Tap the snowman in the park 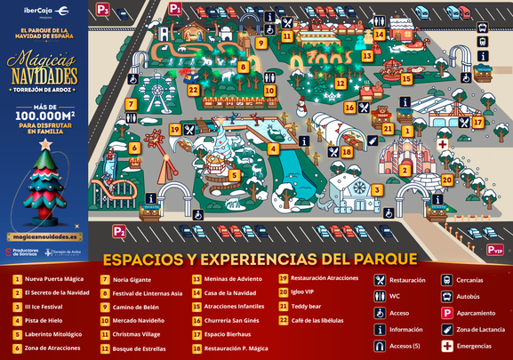[301, 108]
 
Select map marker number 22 [193, 90]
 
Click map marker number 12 [340, 84]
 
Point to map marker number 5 [234, 175]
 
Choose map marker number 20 [446, 180]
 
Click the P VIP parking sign [495, 250]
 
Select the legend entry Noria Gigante [132, 279]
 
